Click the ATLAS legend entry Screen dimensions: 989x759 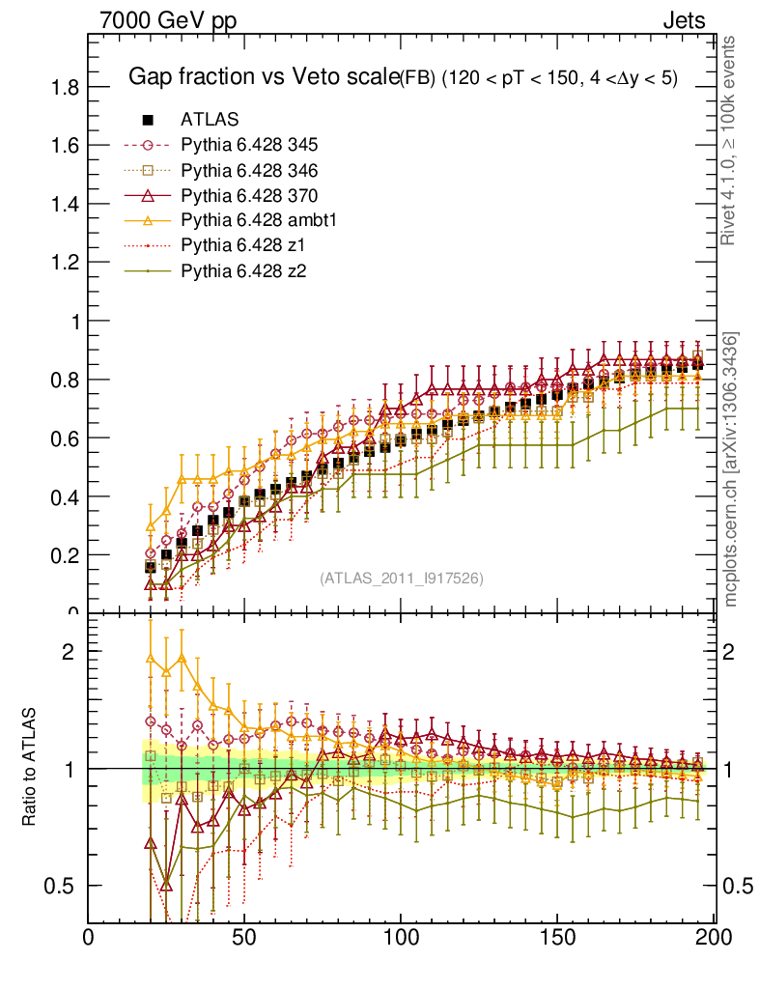pyautogui.click(x=210, y=120)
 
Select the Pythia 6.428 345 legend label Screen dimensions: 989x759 pyautogui.click(x=249, y=145)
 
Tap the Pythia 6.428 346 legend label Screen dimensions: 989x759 pyautogui.click(x=249, y=170)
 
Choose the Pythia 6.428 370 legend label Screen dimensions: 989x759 pyautogui.click(x=249, y=195)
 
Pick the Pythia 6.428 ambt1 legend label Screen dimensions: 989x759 pyautogui.click(x=256, y=220)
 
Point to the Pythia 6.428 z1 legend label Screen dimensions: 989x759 pyautogui.click(x=242, y=245)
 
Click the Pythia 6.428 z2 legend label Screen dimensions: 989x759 pyautogui.click(x=242, y=270)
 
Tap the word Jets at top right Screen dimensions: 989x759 pyautogui.click(x=684, y=20)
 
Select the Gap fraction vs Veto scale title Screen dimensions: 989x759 pyautogui.click(x=264, y=77)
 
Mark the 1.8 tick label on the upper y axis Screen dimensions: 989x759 pyautogui.click(x=65, y=87)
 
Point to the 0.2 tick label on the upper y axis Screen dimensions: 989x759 pyautogui.click(x=65, y=555)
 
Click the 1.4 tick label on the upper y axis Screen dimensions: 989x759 pyautogui.click(x=65, y=204)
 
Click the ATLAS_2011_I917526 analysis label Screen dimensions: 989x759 pyautogui.click(x=402, y=579)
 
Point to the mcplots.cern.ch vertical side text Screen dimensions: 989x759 pyautogui.click(x=731, y=469)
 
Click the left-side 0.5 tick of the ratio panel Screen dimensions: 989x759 pyautogui.click(x=65, y=886)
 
